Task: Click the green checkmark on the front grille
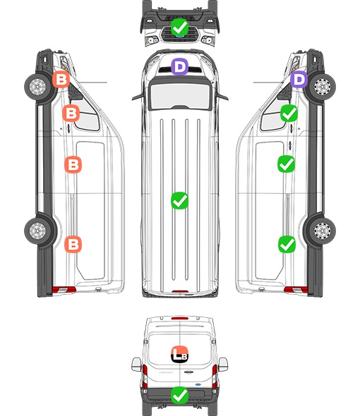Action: point(179,27)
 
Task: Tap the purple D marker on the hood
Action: point(179,66)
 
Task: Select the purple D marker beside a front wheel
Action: point(299,80)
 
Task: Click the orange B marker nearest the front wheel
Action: point(61,80)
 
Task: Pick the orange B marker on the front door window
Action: point(71,114)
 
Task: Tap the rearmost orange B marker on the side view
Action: point(73,244)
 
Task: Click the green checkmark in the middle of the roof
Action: point(179,200)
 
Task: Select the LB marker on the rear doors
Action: point(179,354)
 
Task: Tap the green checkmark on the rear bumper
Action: point(179,396)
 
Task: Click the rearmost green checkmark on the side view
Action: point(287,244)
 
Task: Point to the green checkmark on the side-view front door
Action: point(289,114)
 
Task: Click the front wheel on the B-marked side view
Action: point(37,87)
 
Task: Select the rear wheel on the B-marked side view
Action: point(37,231)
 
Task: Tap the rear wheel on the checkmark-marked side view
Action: point(323,231)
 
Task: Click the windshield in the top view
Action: point(180,95)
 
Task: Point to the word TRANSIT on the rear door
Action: point(166,372)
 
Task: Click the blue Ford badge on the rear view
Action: point(198,384)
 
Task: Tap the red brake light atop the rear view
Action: point(180,318)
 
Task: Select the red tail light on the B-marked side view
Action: point(64,290)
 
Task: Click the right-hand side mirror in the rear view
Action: point(223,365)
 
